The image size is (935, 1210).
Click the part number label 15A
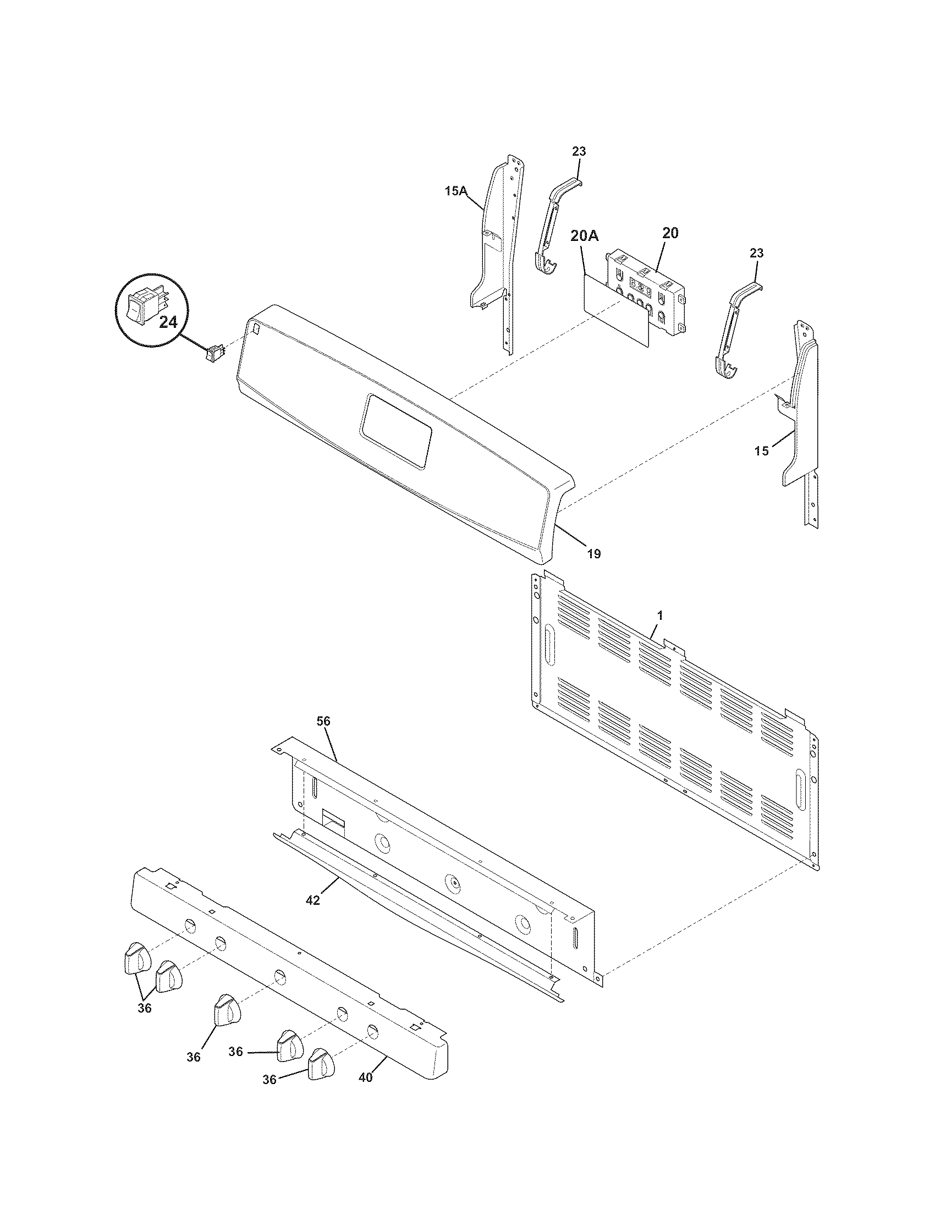click(x=455, y=192)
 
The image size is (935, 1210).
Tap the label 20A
click(x=584, y=236)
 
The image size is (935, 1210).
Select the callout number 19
click(x=593, y=553)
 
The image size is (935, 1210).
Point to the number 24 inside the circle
click(x=168, y=322)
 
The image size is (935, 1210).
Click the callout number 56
click(x=324, y=721)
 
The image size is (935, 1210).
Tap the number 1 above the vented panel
click(x=659, y=615)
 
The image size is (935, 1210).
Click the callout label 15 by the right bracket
click(x=762, y=451)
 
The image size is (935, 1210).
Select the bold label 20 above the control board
click(x=670, y=233)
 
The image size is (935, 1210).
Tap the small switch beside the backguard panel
click(x=216, y=353)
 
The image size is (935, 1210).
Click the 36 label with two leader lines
click(x=145, y=1008)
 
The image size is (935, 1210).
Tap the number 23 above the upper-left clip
click(x=579, y=151)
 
